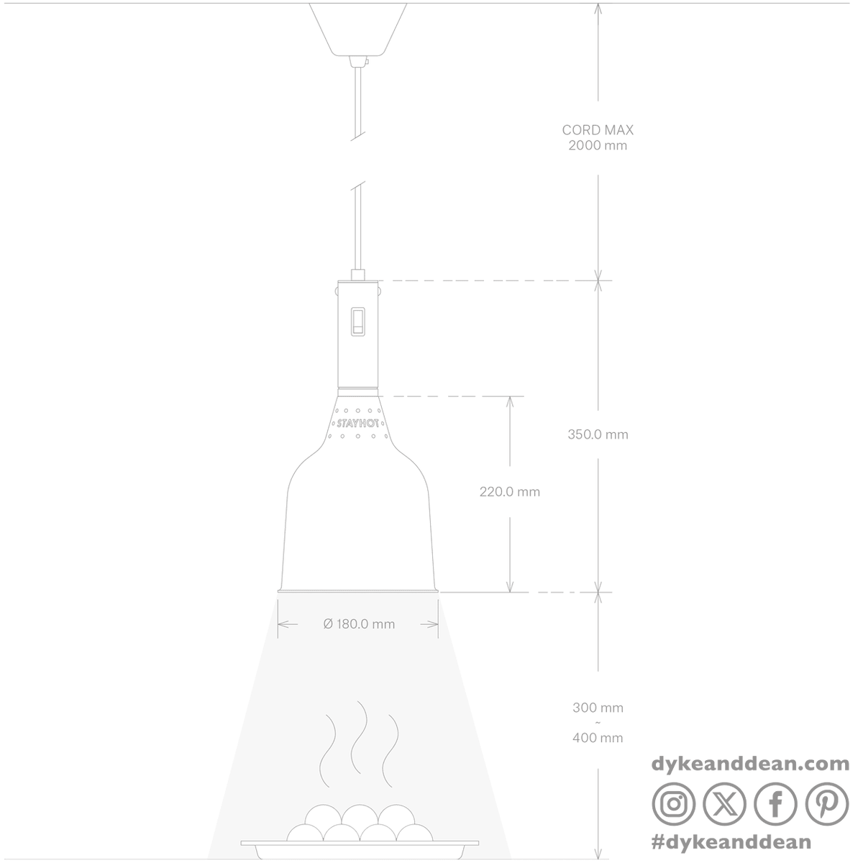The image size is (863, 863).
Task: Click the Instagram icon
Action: tap(674, 804)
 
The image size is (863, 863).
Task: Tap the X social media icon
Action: tap(725, 804)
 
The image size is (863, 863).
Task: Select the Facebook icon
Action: tap(776, 804)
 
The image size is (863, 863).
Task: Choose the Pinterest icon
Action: tap(827, 804)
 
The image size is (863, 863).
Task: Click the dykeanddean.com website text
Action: tap(750, 764)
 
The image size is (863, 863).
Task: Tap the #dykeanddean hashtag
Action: tap(731, 842)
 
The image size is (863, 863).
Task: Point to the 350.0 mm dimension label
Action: tap(598, 434)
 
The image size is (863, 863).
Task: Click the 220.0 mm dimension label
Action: tap(510, 492)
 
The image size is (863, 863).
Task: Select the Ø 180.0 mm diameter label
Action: tap(359, 624)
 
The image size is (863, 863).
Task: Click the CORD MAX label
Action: tap(598, 130)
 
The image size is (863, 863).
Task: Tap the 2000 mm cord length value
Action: tap(598, 145)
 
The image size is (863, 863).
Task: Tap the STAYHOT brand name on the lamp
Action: tap(358, 423)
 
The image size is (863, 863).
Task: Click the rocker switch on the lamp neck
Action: tap(358, 321)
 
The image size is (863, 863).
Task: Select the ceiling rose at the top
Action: tap(358, 29)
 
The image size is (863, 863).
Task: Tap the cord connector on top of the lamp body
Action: tap(357, 275)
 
